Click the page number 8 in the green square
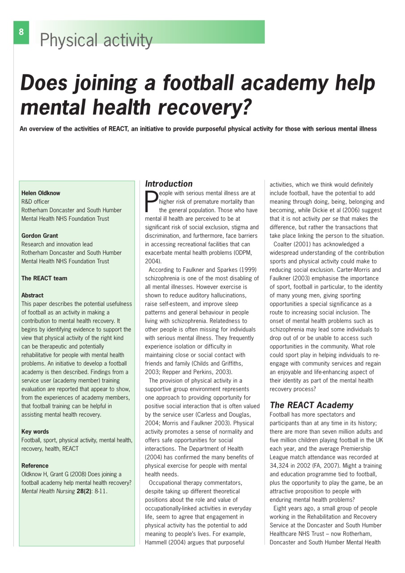coord(21,32)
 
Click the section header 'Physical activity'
coord(96,40)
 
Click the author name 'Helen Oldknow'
coord(41,193)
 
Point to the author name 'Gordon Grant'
coord(40,235)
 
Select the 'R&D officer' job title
coord(35,202)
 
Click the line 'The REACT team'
coord(44,278)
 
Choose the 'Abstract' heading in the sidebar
coord(33,295)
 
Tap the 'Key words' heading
coord(35,432)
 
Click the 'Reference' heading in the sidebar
coord(35,466)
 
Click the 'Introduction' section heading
coord(169,184)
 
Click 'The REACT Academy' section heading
coord(311,405)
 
